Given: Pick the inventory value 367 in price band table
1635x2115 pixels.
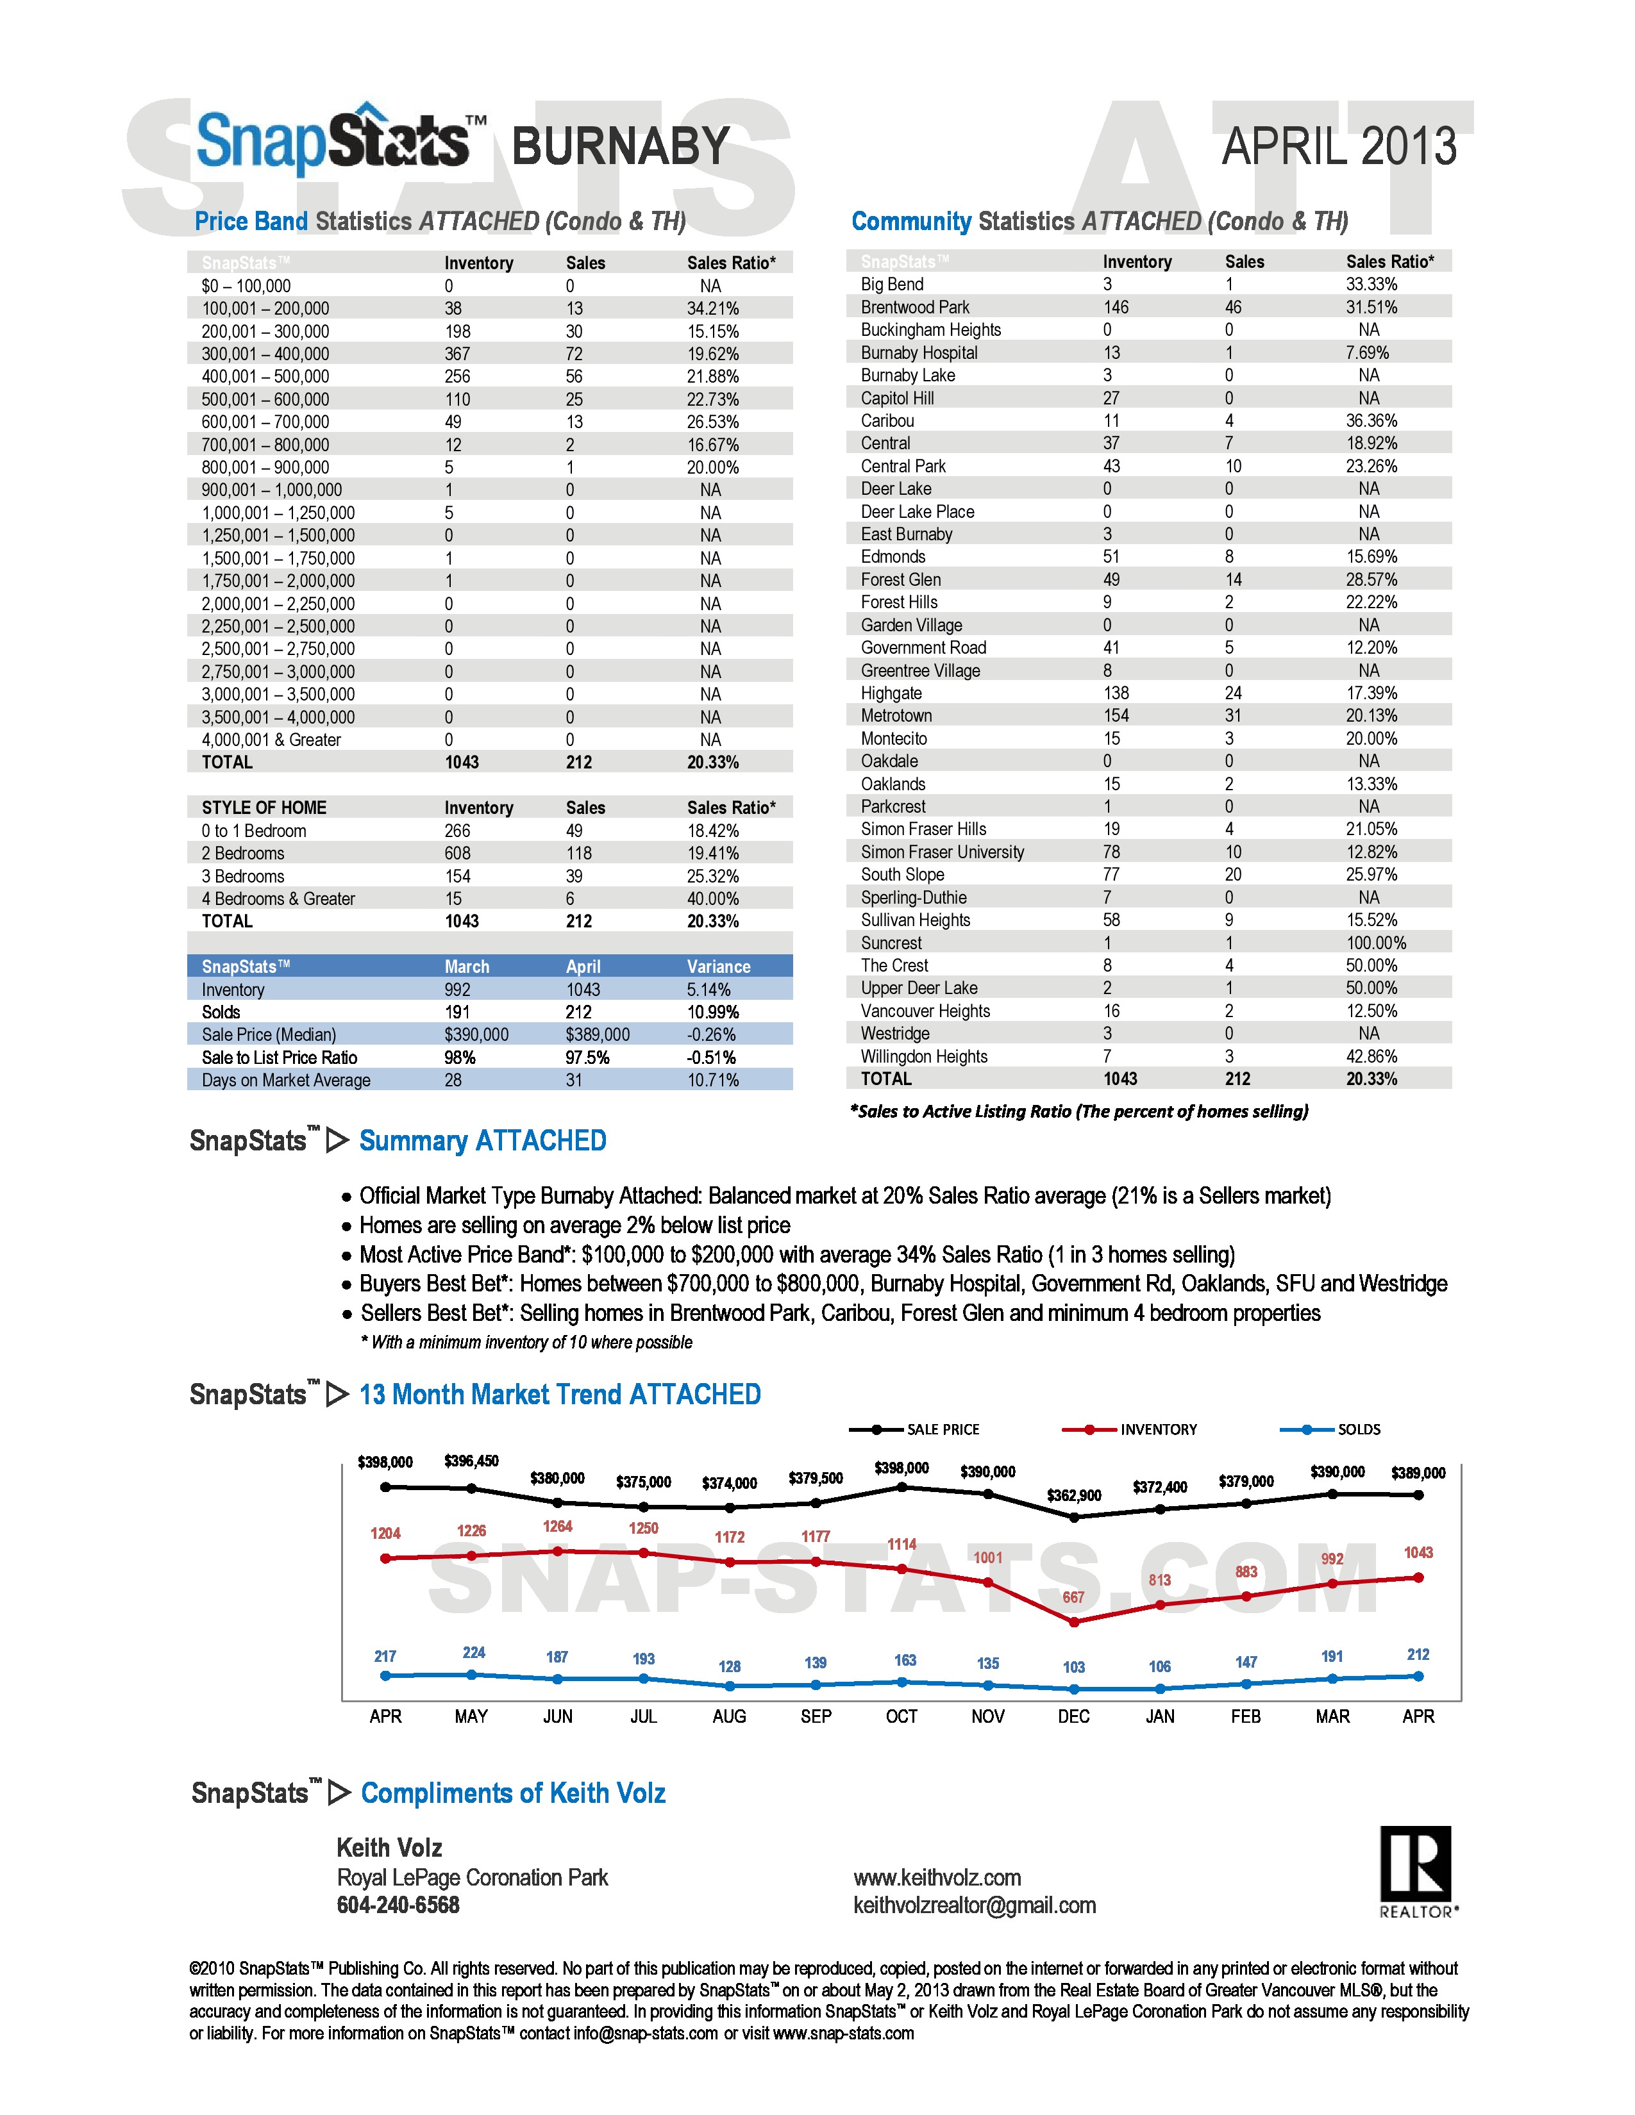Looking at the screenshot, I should tap(457, 354).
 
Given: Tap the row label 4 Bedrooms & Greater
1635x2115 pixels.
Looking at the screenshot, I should tap(278, 899).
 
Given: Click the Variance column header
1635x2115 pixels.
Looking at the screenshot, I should tap(719, 966).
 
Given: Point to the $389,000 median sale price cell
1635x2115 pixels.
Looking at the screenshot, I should tap(598, 1034).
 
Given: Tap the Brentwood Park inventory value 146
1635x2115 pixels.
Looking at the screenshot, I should tap(1116, 307).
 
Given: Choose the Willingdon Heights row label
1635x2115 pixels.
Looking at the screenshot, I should tap(924, 1056).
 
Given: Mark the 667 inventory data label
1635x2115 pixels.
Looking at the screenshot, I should tap(1073, 1597).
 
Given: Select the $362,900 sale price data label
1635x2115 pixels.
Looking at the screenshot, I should tap(1073, 1495).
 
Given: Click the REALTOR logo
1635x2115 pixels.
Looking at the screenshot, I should tap(1417, 1870).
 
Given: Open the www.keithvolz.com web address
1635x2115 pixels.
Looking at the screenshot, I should tap(937, 1878).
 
